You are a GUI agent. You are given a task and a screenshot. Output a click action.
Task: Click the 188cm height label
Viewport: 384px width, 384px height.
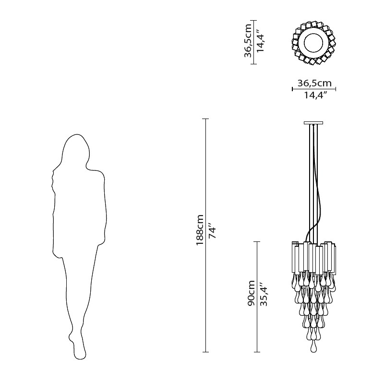200,230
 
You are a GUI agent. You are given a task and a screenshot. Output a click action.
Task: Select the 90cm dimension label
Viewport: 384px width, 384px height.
251,293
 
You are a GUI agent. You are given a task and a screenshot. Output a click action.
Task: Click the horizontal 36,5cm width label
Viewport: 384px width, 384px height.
314,83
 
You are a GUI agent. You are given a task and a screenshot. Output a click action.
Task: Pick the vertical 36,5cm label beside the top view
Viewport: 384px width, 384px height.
248,40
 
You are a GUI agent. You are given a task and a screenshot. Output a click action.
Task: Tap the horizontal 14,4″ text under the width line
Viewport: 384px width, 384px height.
316,95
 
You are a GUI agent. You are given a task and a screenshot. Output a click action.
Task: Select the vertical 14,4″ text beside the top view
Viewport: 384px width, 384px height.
260,40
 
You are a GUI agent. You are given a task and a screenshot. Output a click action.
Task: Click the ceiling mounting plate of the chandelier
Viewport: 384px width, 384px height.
313,123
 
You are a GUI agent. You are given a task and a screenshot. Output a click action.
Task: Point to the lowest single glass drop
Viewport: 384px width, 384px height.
313,347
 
